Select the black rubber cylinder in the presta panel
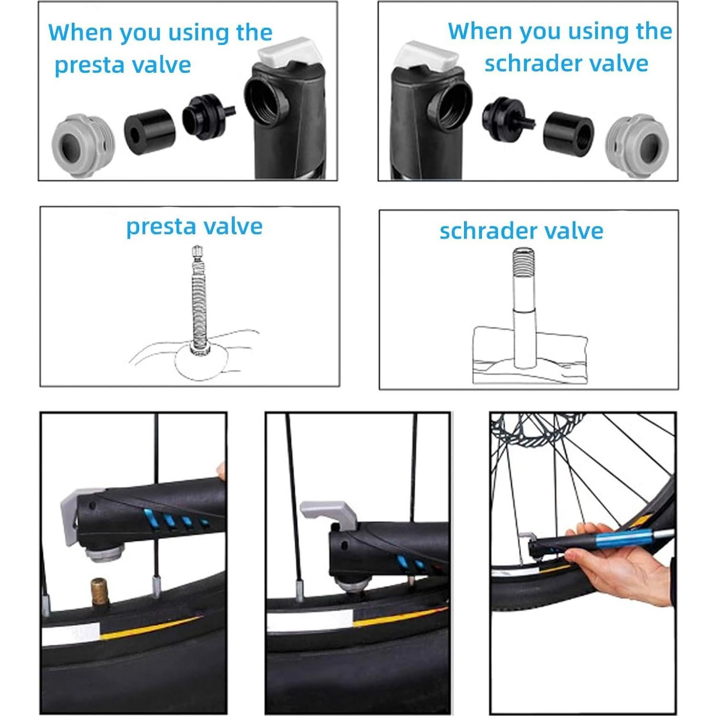click(x=149, y=131)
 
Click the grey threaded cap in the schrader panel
click(x=636, y=145)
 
